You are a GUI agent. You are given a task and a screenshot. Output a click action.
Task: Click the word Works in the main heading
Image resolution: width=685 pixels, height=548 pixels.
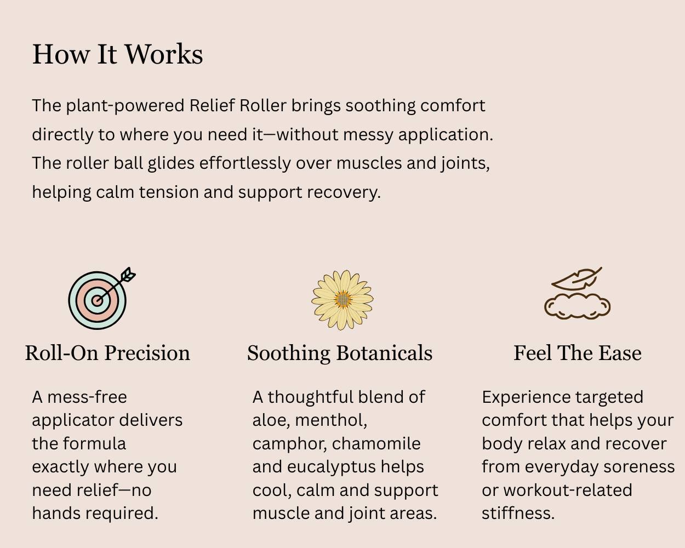164,54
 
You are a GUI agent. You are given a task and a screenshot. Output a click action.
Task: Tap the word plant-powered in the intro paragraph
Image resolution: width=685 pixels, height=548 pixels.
125,105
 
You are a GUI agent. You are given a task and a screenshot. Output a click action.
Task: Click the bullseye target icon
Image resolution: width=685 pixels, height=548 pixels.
97,300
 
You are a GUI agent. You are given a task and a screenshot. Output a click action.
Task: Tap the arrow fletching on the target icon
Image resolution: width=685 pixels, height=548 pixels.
128,275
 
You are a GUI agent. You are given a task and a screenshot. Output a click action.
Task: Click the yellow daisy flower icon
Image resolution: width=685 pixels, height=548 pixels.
342,300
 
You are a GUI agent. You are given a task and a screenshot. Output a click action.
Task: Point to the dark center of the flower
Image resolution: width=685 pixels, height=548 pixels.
342,300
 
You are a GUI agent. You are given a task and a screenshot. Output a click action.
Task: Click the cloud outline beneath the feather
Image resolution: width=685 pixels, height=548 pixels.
577,306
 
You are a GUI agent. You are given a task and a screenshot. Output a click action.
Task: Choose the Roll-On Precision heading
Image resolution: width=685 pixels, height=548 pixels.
107,353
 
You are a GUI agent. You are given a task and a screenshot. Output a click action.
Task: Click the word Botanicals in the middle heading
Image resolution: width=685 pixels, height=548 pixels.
384,353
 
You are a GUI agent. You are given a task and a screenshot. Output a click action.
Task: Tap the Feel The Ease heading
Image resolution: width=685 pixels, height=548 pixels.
577,353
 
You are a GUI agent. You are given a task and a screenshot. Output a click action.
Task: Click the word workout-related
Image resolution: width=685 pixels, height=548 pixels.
567,490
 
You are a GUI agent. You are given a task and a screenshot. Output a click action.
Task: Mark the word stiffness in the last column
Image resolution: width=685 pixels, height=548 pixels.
518,513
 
